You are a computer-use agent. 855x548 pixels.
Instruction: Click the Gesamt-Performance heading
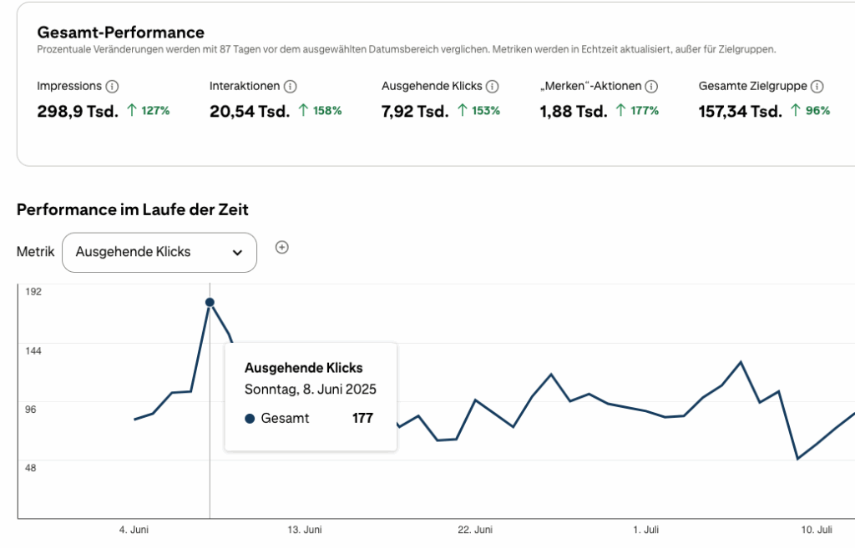[120, 33]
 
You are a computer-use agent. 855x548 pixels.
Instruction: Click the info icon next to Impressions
[113, 86]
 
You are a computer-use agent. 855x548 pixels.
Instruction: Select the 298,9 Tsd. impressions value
[78, 112]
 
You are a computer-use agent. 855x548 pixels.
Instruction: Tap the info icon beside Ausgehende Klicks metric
[493, 86]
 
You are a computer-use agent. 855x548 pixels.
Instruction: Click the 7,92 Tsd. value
[415, 112]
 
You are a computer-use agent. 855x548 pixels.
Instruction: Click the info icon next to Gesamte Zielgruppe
[817, 86]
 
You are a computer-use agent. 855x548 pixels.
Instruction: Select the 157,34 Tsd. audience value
[740, 112]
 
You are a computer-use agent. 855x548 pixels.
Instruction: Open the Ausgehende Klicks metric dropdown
[159, 252]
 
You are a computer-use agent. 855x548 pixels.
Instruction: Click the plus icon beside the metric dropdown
[282, 247]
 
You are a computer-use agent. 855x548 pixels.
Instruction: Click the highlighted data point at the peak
[210, 302]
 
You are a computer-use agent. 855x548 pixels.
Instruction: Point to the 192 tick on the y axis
[33, 291]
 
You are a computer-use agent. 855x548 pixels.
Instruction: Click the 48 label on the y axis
[30, 467]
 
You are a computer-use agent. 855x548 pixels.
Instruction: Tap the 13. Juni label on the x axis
[304, 530]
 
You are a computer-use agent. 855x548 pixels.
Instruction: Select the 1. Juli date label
[646, 530]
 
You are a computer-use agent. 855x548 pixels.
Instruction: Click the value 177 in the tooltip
[362, 418]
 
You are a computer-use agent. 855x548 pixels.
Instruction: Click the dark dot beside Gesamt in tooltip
[250, 419]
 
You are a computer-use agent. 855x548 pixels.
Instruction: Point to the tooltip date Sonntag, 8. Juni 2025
[310, 390]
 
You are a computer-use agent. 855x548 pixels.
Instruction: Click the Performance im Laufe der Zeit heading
[133, 209]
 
